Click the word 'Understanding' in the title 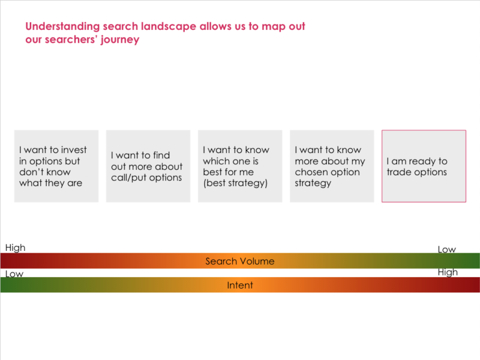pyautogui.click(x=62, y=27)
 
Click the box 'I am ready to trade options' pyautogui.click(x=424, y=166)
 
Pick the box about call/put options pyautogui.click(x=148, y=166)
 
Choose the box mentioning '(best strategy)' pyautogui.click(x=240, y=166)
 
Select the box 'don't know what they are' pyautogui.click(x=56, y=166)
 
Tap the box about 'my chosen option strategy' pyautogui.click(x=332, y=166)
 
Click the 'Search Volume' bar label pyautogui.click(x=240, y=261)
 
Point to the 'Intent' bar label pyautogui.click(x=240, y=286)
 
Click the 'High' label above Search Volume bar pyautogui.click(x=16, y=248)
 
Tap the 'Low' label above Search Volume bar pyautogui.click(x=447, y=250)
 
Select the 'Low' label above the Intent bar pyautogui.click(x=14, y=274)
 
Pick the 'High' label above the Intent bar pyautogui.click(x=448, y=272)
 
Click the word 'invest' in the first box pyautogui.click(x=74, y=150)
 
